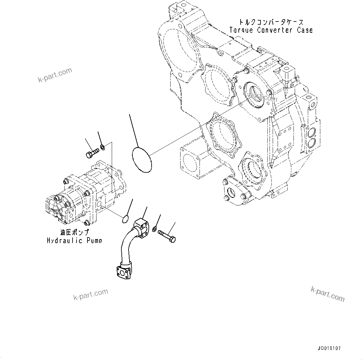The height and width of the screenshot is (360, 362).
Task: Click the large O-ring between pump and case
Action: coord(142,159)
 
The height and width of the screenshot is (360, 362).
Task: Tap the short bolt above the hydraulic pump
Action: coord(92,153)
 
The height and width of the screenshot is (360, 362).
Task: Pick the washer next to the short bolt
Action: coord(102,147)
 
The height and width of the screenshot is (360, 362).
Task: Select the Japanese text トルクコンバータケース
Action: coord(271,22)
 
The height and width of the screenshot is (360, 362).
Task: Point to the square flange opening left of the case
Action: coord(190,162)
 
